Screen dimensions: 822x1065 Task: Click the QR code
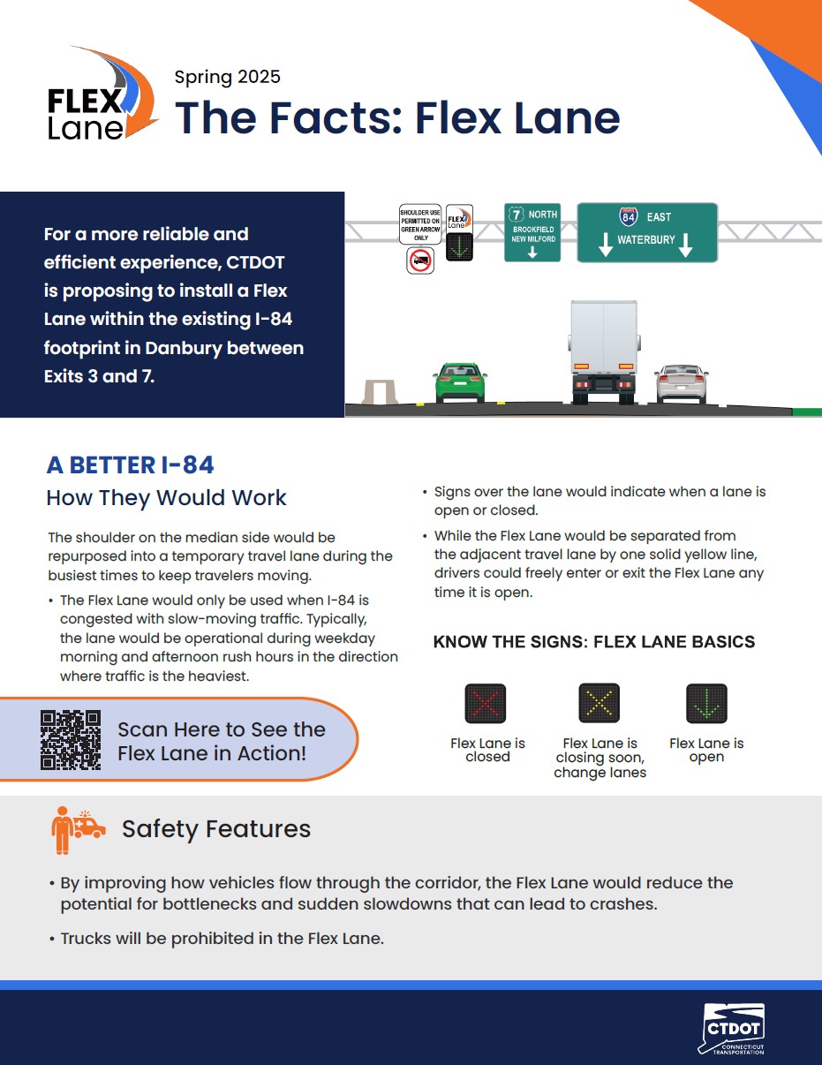point(71,739)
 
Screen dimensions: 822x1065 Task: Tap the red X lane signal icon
point(485,703)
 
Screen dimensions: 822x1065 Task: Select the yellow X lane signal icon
point(600,703)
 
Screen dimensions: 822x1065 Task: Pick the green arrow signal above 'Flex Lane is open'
point(706,703)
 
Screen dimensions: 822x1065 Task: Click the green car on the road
point(460,382)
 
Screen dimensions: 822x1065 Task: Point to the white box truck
point(604,351)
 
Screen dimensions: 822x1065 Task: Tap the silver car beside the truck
point(682,384)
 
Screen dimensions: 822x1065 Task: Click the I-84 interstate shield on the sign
point(629,216)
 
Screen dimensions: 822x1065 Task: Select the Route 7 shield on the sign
point(517,215)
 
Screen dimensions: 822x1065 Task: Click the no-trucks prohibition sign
point(420,261)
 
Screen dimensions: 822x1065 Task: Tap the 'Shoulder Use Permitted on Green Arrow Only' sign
point(420,224)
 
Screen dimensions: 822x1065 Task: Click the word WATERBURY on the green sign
point(646,239)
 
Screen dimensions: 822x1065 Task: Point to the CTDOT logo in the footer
point(732,1029)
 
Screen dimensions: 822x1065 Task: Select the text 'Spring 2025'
point(227,77)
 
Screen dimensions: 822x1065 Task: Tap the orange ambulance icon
point(89,824)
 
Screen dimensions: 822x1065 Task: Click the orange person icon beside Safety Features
point(62,830)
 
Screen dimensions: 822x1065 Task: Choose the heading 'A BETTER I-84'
point(131,465)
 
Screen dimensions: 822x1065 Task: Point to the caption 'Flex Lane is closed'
point(487,750)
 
